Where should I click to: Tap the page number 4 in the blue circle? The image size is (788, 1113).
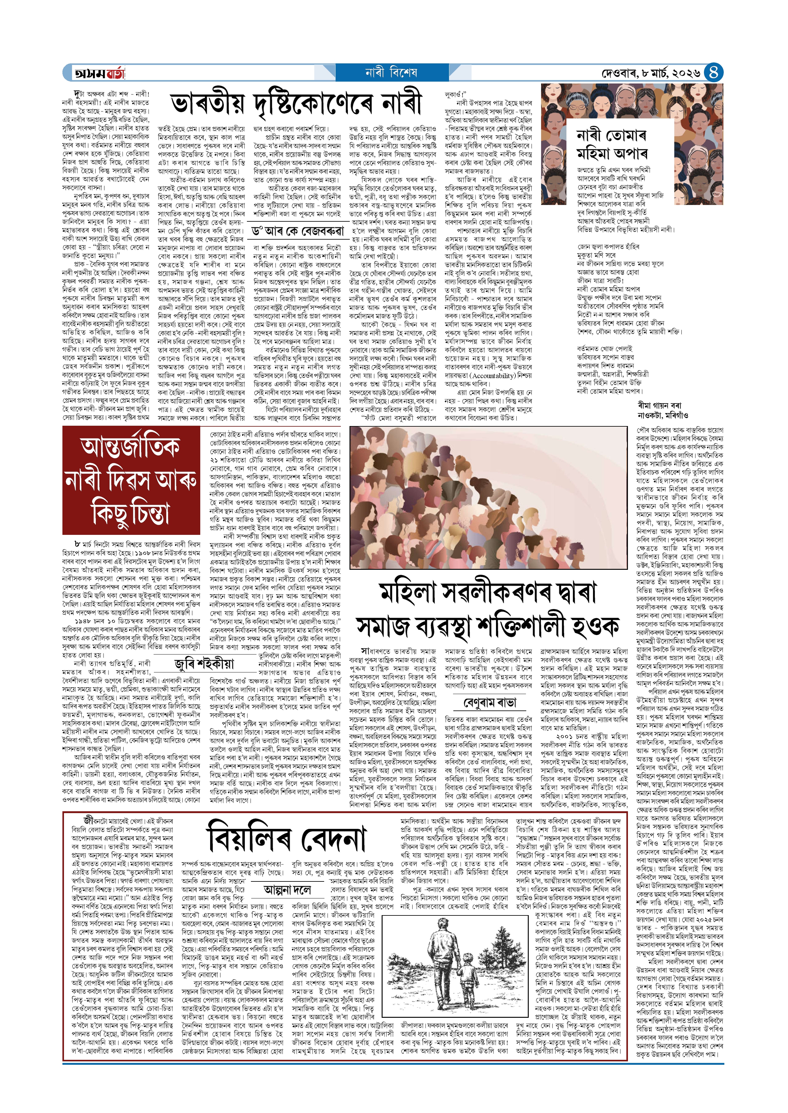(x=713, y=73)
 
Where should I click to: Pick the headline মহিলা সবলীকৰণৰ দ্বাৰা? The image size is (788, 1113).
(x=488, y=592)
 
